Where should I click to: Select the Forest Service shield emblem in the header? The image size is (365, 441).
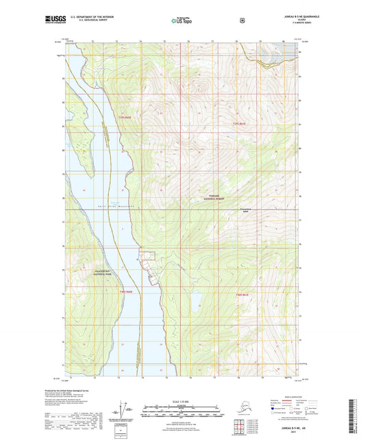(242, 21)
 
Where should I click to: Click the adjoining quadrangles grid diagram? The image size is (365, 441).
(240, 429)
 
